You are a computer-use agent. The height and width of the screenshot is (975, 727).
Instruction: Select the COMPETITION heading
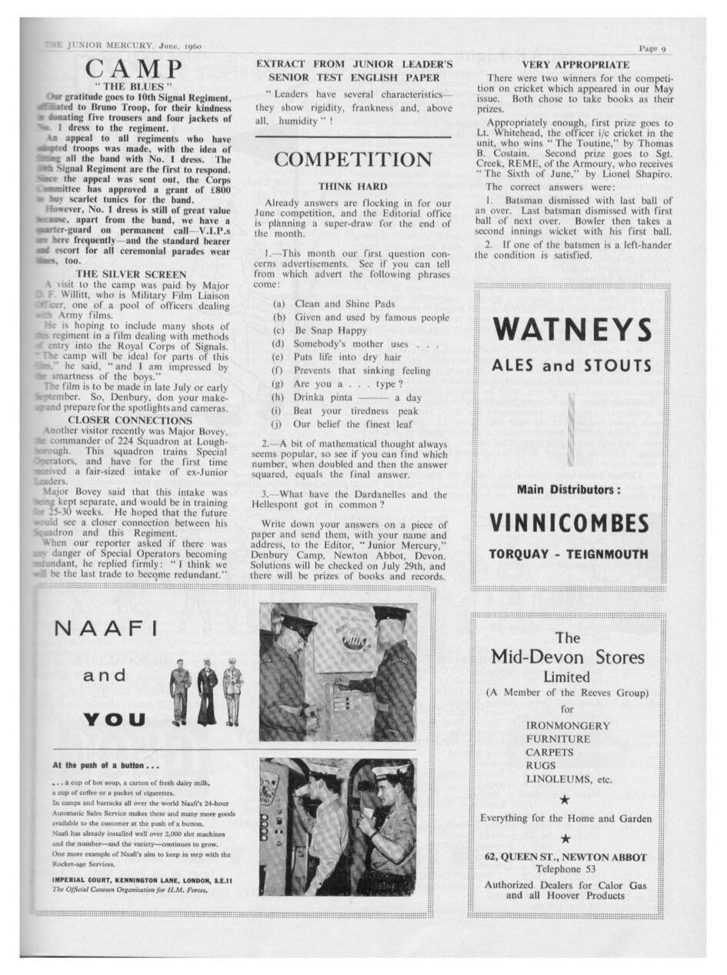[353, 160]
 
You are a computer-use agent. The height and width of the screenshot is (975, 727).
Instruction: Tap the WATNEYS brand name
[572, 329]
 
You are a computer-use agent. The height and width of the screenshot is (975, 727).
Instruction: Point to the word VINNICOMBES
[569, 523]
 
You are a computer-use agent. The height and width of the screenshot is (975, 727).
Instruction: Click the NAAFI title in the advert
[106, 629]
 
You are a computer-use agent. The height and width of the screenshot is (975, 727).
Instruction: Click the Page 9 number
[652, 48]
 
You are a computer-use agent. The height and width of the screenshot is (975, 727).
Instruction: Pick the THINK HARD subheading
[352, 186]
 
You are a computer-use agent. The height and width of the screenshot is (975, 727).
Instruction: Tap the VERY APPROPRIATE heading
[575, 65]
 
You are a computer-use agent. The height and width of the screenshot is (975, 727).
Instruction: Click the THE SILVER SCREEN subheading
[132, 274]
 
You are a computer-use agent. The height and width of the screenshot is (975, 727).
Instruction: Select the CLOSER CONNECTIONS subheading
[132, 420]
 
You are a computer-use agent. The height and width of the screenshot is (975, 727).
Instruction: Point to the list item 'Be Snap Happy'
[320, 330]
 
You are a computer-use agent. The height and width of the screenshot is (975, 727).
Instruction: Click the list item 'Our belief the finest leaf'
[353, 424]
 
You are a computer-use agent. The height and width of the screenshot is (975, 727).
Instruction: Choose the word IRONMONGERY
[568, 726]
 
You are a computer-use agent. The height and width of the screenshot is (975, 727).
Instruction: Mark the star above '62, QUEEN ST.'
[565, 838]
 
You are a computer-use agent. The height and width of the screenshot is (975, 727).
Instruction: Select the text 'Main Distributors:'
[569, 489]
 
